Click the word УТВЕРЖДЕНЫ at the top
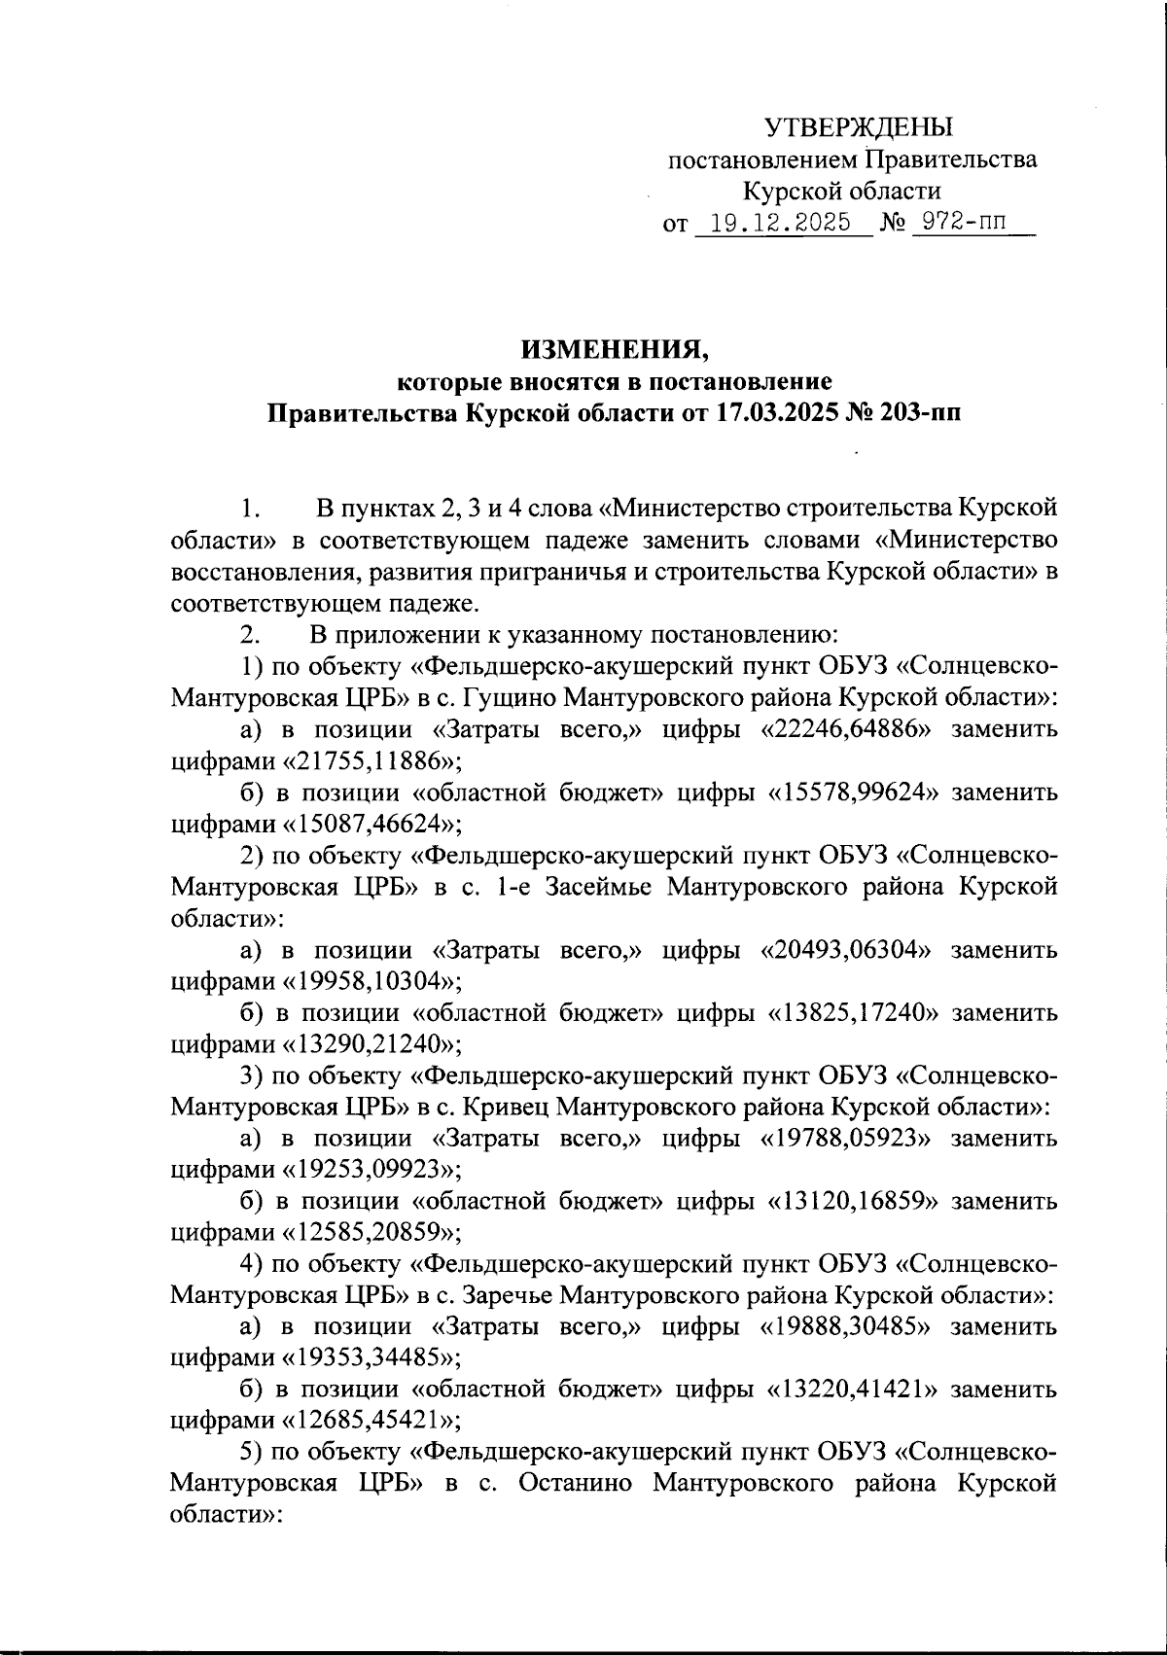point(859,127)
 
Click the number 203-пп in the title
point(914,412)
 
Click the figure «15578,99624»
point(856,792)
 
